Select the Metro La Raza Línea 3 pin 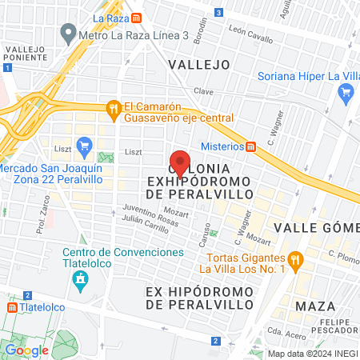tap(69, 35)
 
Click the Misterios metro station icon tap(251, 146)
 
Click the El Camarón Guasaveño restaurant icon tap(114, 107)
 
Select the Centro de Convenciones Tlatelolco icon tap(80, 279)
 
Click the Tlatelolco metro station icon tap(11, 307)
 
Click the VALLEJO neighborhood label tap(198, 64)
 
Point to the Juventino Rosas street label tap(127, 214)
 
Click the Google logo tap(27, 350)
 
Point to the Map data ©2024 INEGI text tap(312, 354)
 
